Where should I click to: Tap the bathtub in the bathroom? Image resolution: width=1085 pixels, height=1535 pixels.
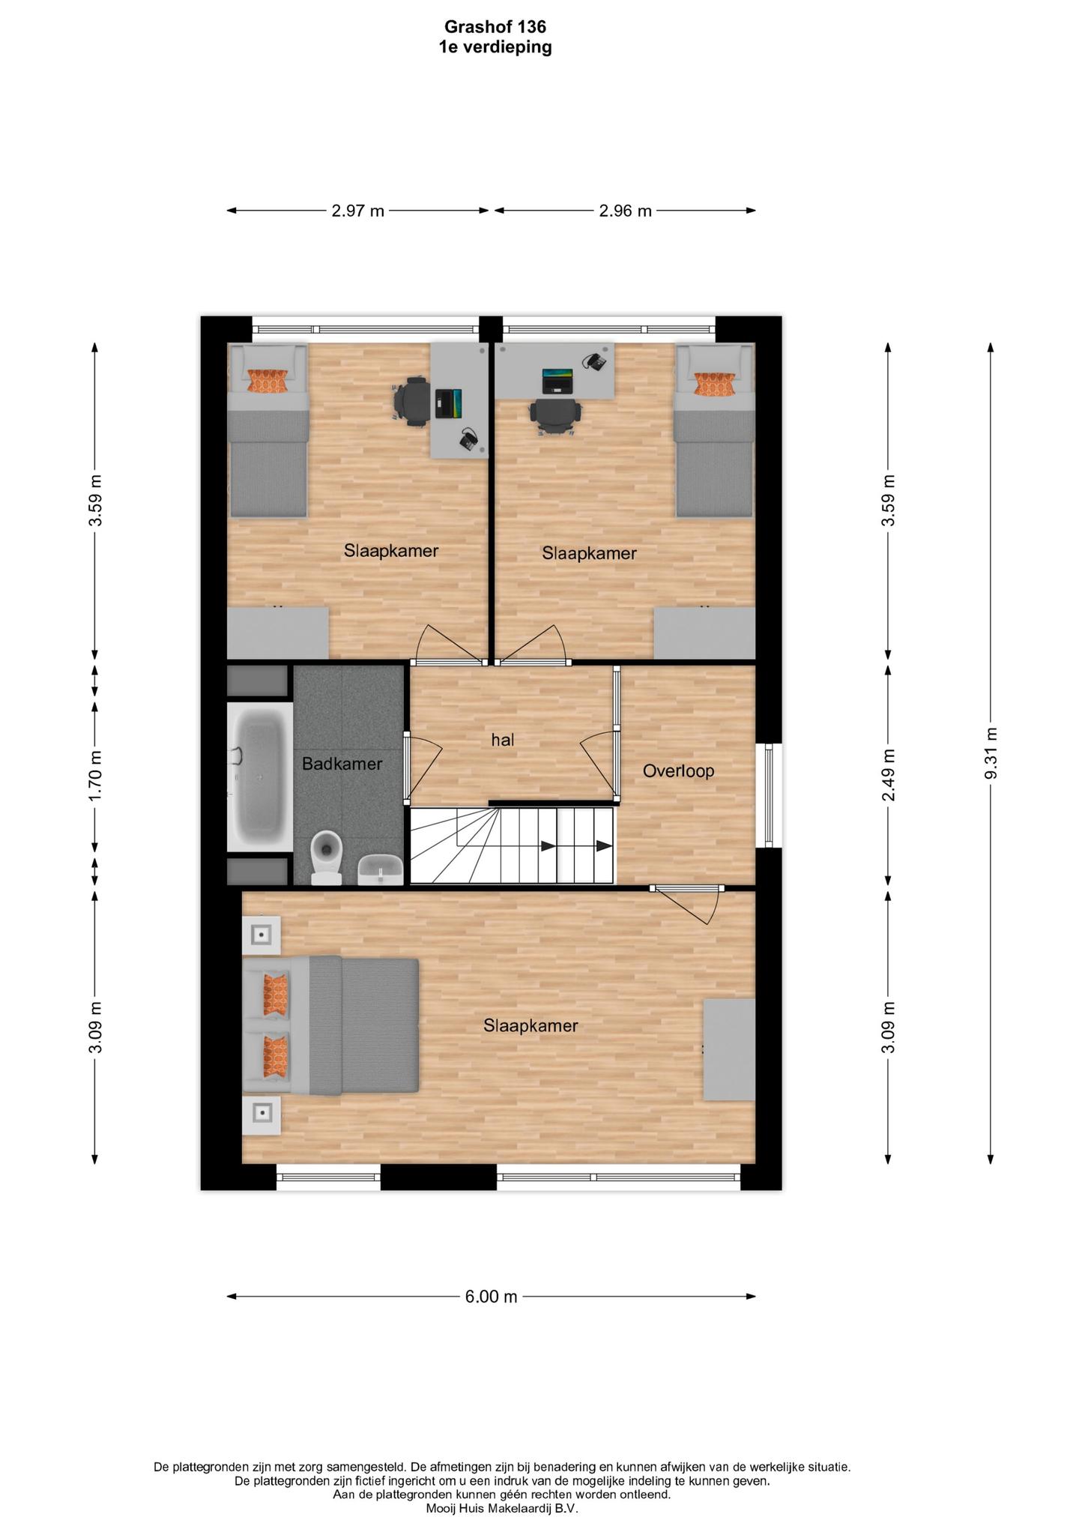click(260, 777)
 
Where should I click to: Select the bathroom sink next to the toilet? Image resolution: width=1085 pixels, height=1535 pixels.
click(381, 870)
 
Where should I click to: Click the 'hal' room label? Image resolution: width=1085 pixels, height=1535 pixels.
click(503, 740)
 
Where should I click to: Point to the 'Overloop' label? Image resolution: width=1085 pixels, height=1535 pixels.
click(678, 770)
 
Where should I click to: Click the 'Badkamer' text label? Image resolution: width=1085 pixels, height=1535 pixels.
click(342, 764)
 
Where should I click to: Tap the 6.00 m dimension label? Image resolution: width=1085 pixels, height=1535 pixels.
click(491, 1297)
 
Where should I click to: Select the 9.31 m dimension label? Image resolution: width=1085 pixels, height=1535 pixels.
click(991, 753)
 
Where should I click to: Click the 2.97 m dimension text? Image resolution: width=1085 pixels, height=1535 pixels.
click(358, 211)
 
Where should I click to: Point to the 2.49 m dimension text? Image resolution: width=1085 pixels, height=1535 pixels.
click(889, 775)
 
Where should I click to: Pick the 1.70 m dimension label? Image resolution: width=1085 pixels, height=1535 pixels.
click(95, 775)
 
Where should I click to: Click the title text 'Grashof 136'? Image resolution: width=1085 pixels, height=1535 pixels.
click(495, 27)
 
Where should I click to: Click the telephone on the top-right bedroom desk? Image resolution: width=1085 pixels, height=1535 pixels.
click(595, 361)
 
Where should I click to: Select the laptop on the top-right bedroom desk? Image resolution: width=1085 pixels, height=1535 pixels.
click(557, 380)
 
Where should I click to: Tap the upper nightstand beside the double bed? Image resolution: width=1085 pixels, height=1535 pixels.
click(261, 935)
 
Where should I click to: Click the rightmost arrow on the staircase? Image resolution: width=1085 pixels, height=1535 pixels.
click(603, 846)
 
